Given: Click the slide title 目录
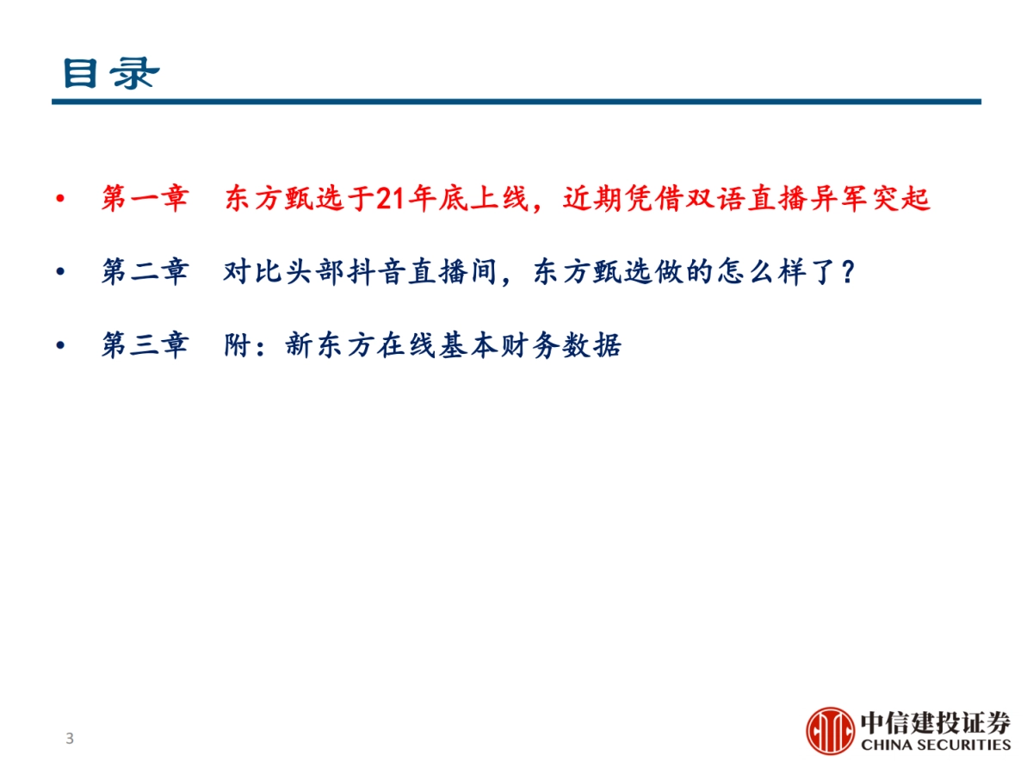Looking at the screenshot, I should coord(110,73).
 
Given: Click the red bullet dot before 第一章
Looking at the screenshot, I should coord(59,200).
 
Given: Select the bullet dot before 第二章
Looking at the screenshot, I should coord(59,273).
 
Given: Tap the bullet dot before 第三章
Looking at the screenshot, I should coord(59,347).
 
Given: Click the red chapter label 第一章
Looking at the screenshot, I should coord(144,199).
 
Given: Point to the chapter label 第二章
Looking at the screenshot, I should coord(144,273).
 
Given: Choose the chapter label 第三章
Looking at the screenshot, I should coord(144,347).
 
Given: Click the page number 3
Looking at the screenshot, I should coord(70,739).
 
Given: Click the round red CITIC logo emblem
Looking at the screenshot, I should coord(830,731).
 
